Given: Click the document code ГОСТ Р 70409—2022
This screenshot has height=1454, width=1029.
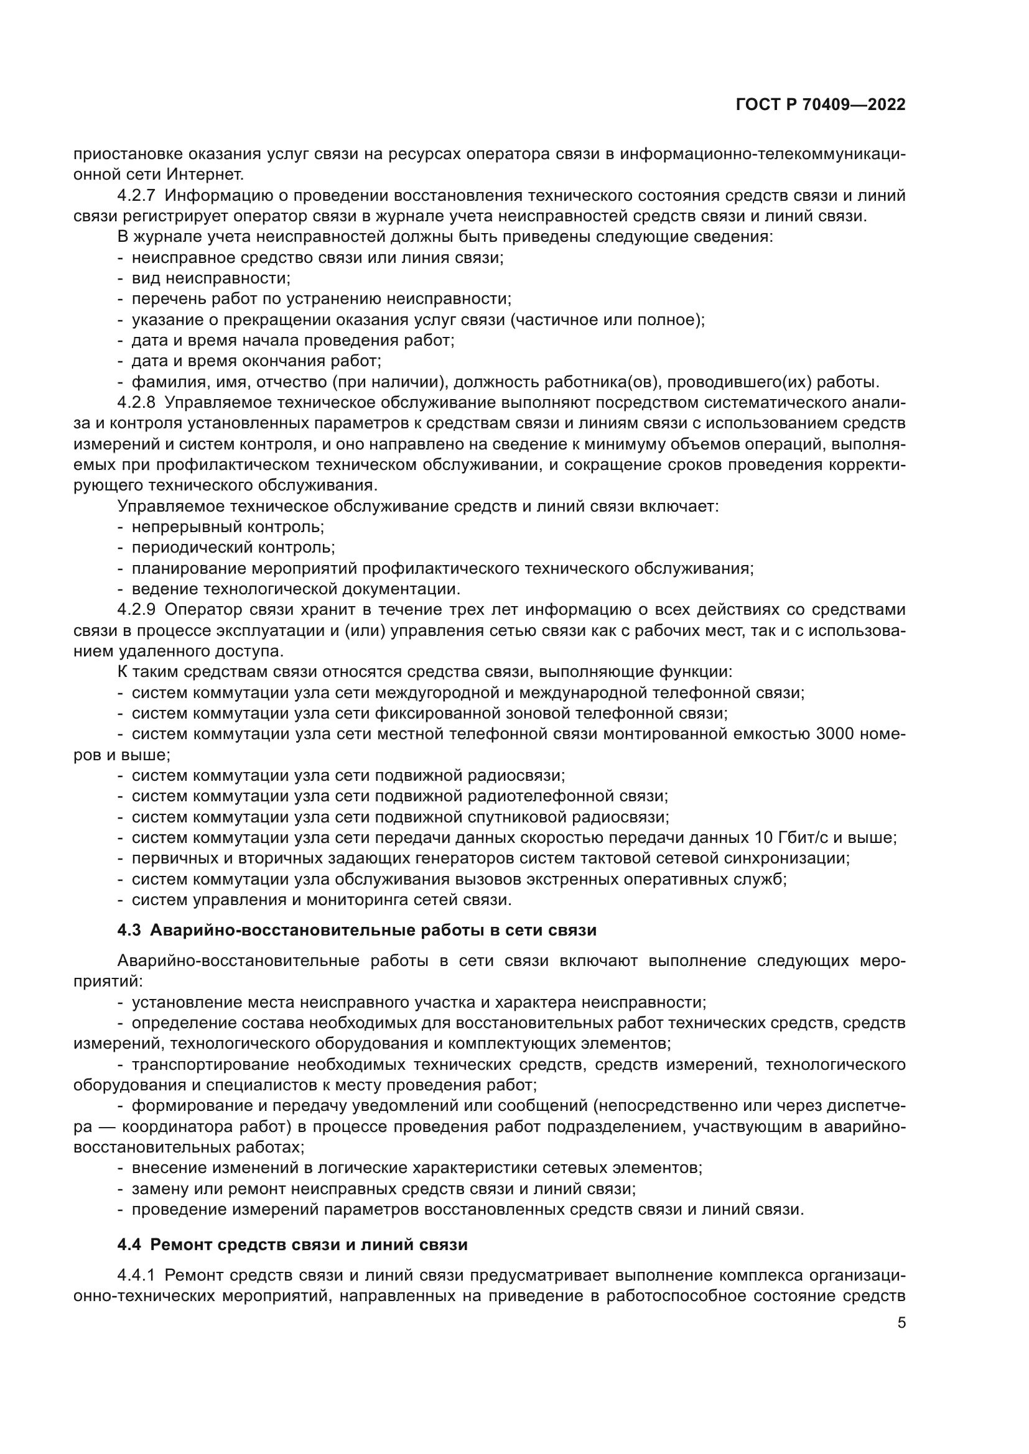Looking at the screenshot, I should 821,105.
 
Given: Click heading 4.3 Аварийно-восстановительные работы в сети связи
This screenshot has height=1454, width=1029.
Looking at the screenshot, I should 356,931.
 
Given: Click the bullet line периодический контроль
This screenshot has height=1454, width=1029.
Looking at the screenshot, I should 233,548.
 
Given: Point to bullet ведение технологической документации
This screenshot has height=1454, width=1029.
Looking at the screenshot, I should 296,589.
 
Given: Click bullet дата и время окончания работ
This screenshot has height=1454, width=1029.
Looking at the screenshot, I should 256,362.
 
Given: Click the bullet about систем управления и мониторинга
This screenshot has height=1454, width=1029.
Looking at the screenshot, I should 321,900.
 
